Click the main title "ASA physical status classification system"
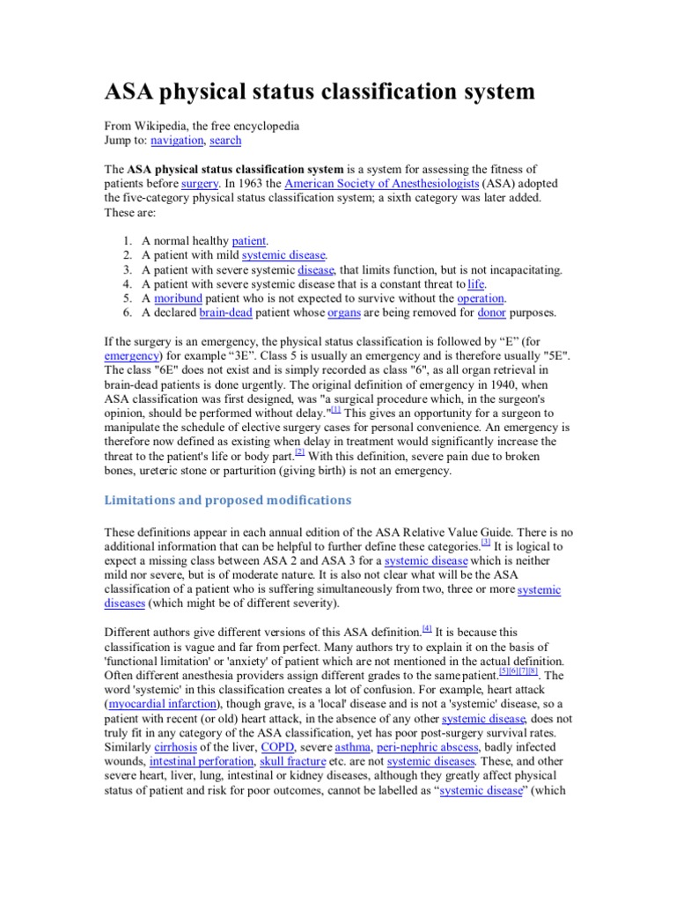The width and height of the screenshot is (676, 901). [320, 92]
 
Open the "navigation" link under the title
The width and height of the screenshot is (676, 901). [177, 140]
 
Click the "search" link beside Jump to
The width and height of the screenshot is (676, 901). [225, 140]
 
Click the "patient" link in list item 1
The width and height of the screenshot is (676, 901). [249, 240]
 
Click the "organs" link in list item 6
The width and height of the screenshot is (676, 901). [343, 312]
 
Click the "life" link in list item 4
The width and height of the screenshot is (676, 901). [476, 284]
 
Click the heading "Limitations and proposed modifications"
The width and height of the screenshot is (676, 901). [228, 500]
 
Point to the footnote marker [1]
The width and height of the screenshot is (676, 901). [335, 409]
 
